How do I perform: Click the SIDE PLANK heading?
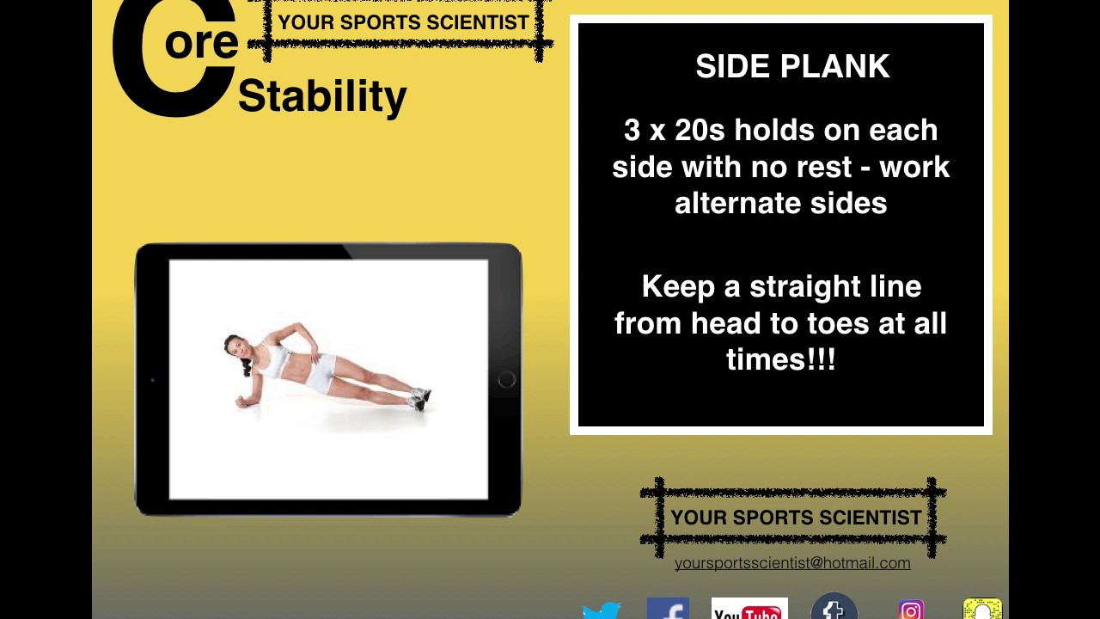pos(792,67)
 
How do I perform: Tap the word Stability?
pos(322,96)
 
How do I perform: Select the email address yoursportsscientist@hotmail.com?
pos(792,563)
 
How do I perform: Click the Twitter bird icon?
pos(602,610)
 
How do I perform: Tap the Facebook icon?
pos(668,609)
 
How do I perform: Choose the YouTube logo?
pos(749,609)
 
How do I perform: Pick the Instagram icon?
pos(911,610)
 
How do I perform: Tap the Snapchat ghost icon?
pos(982,609)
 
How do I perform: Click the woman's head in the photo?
pos(235,347)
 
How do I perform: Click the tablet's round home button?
pos(506,380)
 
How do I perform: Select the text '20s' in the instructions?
pos(700,131)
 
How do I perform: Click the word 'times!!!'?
pos(780,359)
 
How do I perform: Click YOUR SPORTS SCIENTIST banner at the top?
pos(403,23)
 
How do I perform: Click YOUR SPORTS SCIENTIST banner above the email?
pos(796,518)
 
